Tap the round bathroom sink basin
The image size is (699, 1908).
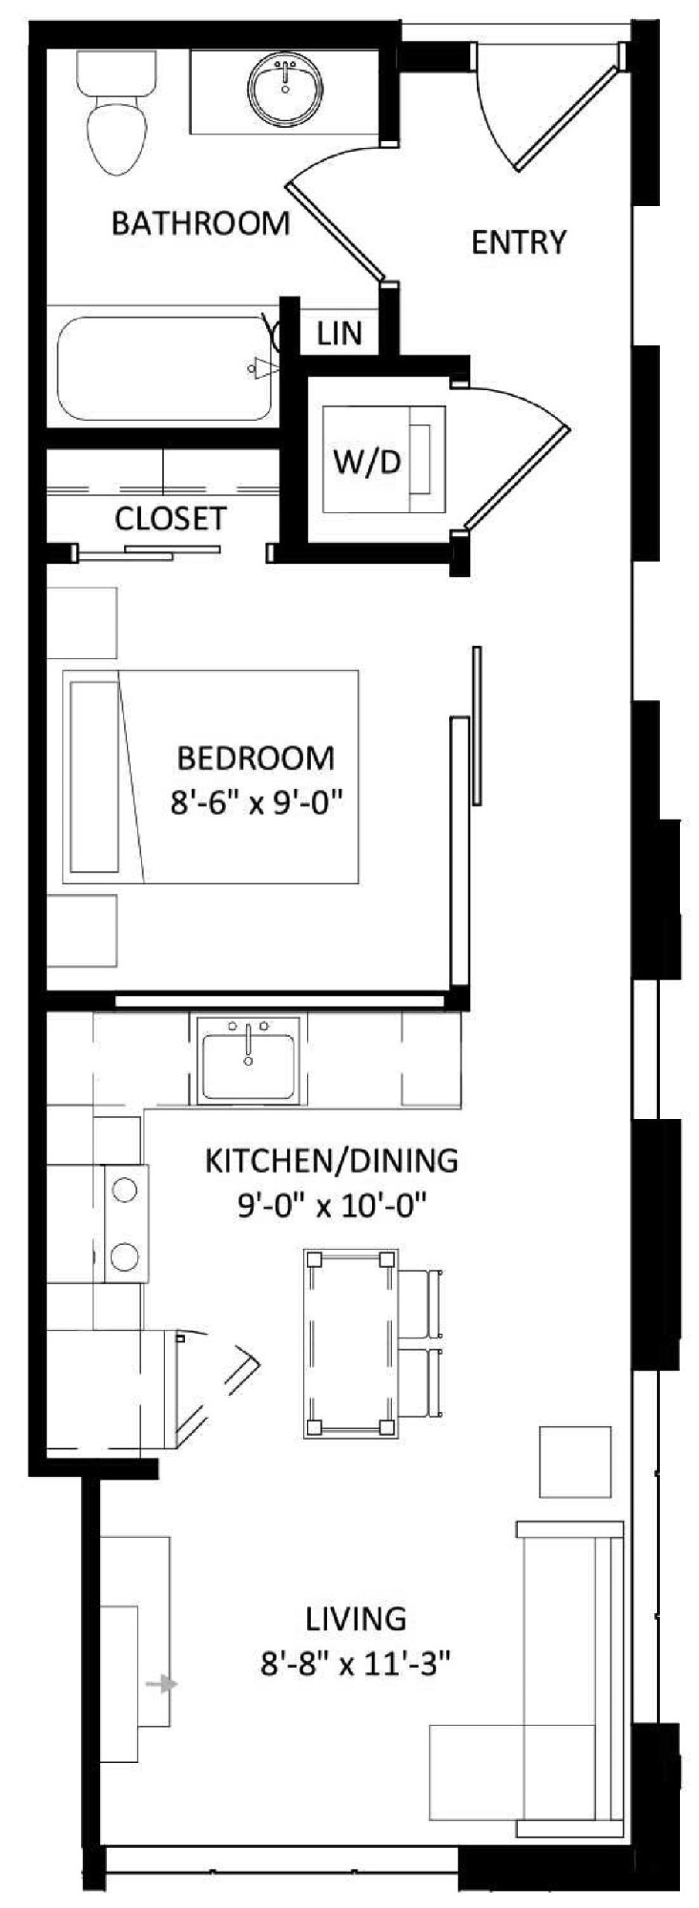[x=284, y=89]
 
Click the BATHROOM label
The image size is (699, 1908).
[x=200, y=223]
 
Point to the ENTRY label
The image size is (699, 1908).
[x=519, y=242]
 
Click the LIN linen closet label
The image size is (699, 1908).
[x=339, y=333]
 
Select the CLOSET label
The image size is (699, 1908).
[x=171, y=518]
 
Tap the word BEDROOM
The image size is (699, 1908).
[x=257, y=757]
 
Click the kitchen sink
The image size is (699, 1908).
[x=248, y=1059]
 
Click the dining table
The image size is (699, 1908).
[x=349, y=1343]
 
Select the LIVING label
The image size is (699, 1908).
[x=356, y=1618]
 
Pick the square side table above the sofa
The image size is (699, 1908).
[x=575, y=1462]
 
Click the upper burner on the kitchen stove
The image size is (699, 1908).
[x=124, y=1190]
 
